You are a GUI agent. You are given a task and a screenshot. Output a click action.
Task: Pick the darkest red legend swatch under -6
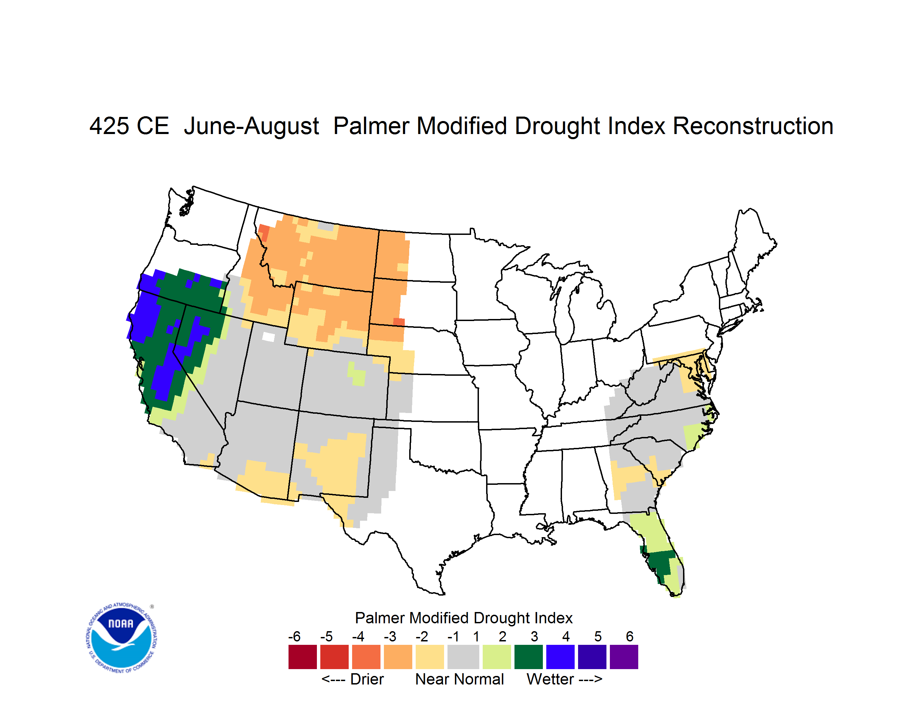click(x=303, y=657)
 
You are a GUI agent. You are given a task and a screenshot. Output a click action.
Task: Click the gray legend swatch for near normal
click(x=463, y=657)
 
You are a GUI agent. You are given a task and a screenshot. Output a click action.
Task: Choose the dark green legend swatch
click(x=528, y=657)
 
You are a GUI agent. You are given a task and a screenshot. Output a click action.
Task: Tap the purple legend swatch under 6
click(x=624, y=657)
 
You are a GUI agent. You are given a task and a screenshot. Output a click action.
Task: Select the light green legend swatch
click(x=497, y=657)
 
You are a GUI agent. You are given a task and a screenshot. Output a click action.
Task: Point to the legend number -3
click(x=390, y=636)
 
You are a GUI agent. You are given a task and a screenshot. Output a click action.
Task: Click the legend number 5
click(x=598, y=636)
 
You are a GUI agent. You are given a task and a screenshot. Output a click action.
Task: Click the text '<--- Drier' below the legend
click(x=352, y=679)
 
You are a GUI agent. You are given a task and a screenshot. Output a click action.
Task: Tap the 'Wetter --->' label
click(x=564, y=679)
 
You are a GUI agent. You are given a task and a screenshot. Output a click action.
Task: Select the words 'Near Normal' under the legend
click(x=459, y=679)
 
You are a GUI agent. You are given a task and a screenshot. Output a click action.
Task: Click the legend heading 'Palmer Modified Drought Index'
click(x=464, y=618)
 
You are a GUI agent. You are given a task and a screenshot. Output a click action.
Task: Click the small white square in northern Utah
click(x=268, y=336)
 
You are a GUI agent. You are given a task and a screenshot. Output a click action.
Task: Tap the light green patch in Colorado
click(x=357, y=374)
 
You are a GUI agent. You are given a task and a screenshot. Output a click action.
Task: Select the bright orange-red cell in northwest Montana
click(x=264, y=232)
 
